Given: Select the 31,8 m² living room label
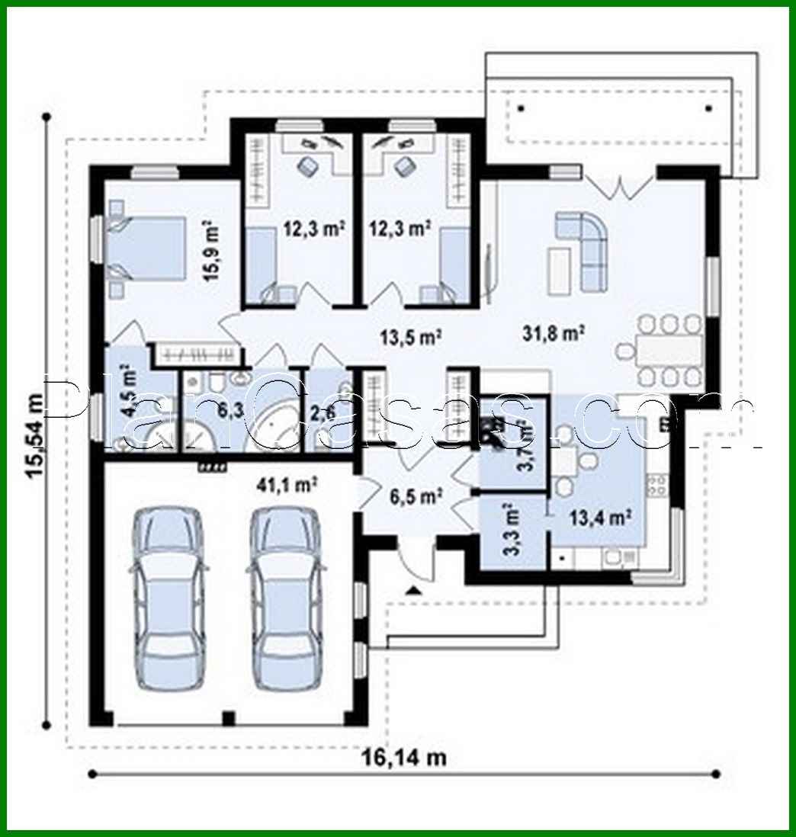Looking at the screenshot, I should tap(554, 332).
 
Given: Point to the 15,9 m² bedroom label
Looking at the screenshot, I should tap(209, 252).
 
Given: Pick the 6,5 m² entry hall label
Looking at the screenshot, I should tap(415, 496).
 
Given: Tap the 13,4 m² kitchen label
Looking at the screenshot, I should tap(600, 518).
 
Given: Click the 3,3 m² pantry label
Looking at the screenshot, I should tap(512, 527).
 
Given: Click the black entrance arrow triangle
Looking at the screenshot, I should tap(413, 588).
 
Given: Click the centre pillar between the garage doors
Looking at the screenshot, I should tap(227, 717).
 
